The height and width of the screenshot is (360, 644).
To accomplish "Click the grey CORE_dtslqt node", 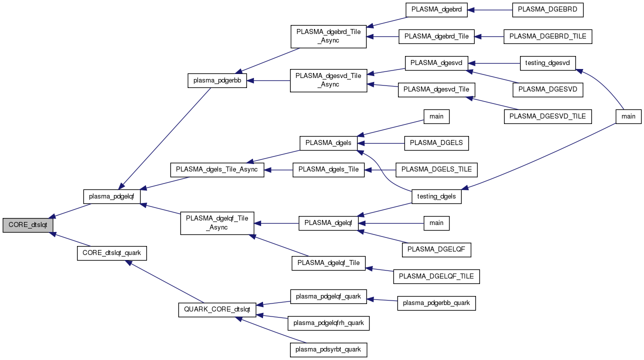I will tap(27, 225).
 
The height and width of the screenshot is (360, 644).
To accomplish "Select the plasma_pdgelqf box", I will tap(111, 196).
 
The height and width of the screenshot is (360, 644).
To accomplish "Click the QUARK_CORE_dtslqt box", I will tap(217, 309).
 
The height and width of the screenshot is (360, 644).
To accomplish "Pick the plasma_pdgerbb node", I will tap(217, 80).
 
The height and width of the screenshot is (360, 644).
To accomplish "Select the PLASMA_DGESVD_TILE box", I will tap(548, 116).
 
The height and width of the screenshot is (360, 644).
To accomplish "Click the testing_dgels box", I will tap(436, 196).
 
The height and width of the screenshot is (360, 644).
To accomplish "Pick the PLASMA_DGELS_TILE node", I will tap(436, 169).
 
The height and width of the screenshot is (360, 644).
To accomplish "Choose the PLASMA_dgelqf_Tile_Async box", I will tap(217, 223).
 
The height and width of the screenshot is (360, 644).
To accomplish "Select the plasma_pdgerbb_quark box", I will tap(436, 303).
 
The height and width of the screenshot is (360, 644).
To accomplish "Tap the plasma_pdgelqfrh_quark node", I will tap(328, 323).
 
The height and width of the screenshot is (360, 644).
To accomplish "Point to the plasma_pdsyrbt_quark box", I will tap(328, 349).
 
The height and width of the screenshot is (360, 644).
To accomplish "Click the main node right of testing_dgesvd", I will tap(628, 116).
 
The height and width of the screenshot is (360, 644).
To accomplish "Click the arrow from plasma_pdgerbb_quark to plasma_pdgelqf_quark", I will tap(382, 299).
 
